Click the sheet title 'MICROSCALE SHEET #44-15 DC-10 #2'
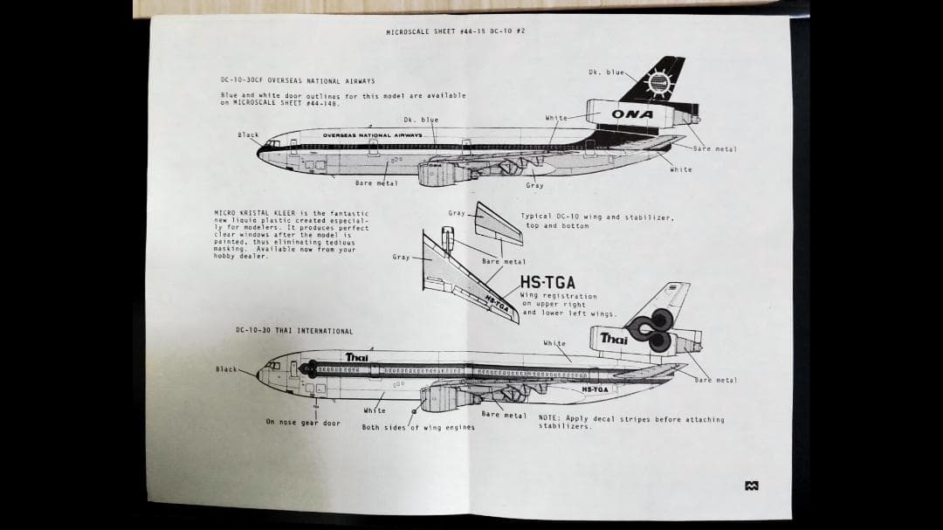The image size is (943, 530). pyautogui.click(x=455, y=31)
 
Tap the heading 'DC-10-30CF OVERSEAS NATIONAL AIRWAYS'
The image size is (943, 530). pyautogui.click(x=298, y=81)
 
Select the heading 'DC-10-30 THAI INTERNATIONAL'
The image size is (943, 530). pyautogui.click(x=294, y=331)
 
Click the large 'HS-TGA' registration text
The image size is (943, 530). pyautogui.click(x=547, y=283)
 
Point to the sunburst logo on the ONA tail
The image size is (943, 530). pyautogui.click(x=657, y=83)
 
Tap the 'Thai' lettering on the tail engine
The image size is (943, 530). pyautogui.click(x=614, y=339)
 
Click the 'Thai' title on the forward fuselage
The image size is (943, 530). pyautogui.click(x=356, y=357)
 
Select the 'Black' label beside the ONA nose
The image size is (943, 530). pyautogui.click(x=248, y=135)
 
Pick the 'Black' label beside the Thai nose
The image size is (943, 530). pyautogui.click(x=227, y=369)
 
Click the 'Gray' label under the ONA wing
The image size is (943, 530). pyautogui.click(x=534, y=185)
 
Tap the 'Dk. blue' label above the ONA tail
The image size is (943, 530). pyautogui.click(x=606, y=72)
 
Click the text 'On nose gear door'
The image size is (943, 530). pyautogui.click(x=304, y=422)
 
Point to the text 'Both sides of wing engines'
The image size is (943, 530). pyautogui.click(x=418, y=428)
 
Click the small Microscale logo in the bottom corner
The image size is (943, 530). pyautogui.click(x=751, y=486)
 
